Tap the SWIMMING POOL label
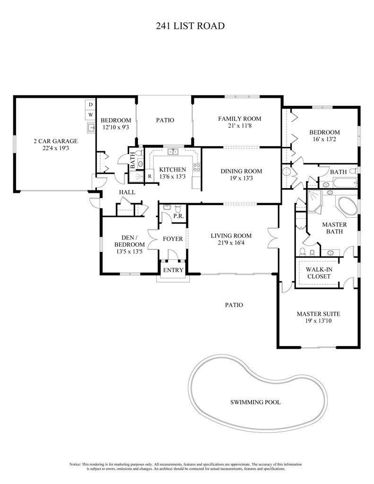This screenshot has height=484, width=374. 255,402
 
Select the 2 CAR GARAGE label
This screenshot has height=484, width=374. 55,141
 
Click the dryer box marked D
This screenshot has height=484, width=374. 90,104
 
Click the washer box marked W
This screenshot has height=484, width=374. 90,115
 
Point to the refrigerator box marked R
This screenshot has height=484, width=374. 149,176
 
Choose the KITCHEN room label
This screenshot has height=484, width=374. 172,170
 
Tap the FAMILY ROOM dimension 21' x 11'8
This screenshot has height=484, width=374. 239,126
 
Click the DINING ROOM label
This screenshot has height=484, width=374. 241,171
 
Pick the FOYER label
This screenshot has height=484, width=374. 173,239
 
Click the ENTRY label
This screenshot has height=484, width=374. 173,270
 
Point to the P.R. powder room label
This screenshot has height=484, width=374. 178,216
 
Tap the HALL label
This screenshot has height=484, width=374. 127,192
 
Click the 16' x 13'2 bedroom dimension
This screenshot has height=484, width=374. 324,140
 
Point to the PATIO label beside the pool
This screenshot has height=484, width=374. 234,305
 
